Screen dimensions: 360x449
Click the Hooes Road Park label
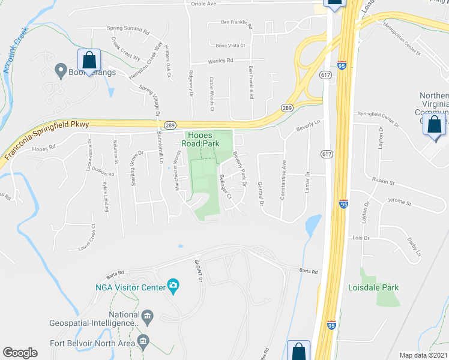(x=201, y=140)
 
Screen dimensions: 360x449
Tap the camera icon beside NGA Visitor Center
(x=173, y=284)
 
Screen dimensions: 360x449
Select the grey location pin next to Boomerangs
(x=60, y=70)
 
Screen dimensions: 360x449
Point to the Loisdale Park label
(x=373, y=287)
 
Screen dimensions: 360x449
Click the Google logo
(x=20, y=353)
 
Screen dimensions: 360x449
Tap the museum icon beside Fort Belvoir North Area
(x=143, y=342)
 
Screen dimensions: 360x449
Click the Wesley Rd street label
(x=220, y=61)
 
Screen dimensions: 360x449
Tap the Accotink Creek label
(x=16, y=53)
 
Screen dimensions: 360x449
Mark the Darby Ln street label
(x=415, y=251)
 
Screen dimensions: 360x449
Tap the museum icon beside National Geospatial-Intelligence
(x=147, y=316)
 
